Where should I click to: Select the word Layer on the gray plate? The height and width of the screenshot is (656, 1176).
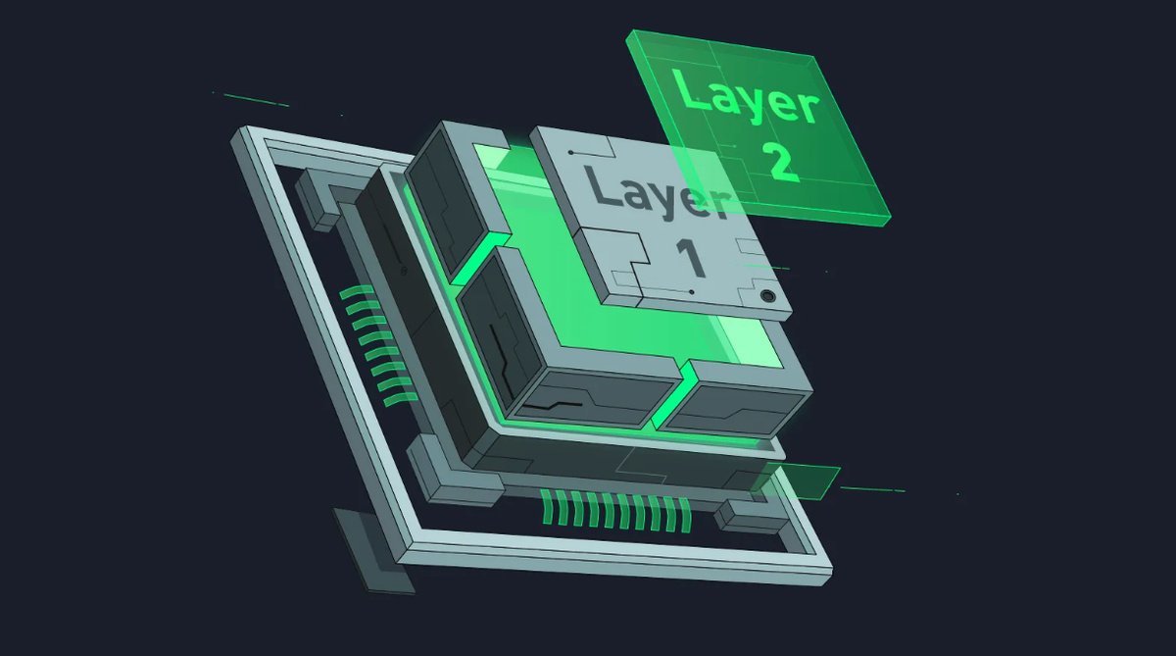659,193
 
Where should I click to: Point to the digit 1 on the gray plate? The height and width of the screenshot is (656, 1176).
691,258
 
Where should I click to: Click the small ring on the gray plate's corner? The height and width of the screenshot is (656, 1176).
768,296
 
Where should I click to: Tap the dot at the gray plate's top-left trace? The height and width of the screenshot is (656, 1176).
570,153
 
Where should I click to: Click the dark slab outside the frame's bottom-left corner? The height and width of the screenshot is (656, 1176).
372,550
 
